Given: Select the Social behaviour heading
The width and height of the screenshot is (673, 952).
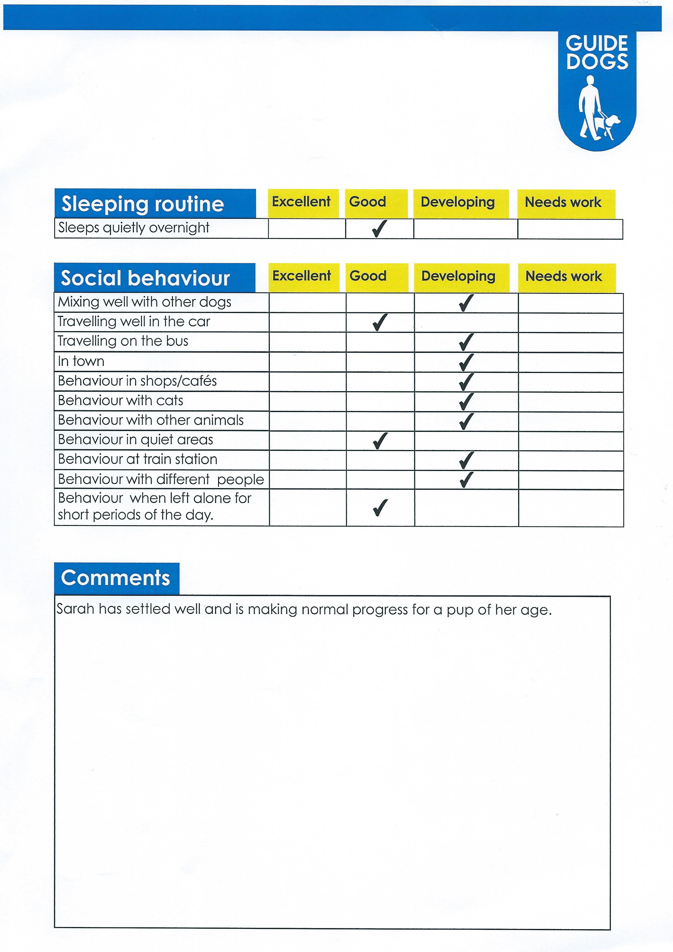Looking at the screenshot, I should pyautogui.click(x=145, y=278).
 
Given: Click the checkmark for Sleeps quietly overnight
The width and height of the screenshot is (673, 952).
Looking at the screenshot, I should pyautogui.click(x=379, y=229).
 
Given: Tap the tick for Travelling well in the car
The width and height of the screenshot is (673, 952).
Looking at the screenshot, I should pyautogui.click(x=380, y=322).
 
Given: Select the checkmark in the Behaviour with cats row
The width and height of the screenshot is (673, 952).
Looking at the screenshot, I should pyautogui.click(x=466, y=401).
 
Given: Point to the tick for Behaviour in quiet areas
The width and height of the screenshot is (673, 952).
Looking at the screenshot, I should pyautogui.click(x=380, y=441).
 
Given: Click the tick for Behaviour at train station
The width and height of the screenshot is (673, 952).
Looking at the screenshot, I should pyautogui.click(x=466, y=460).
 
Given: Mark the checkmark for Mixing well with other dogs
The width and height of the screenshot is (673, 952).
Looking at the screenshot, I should pyautogui.click(x=466, y=303).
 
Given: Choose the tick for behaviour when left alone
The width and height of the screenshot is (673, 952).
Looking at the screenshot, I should pyautogui.click(x=380, y=508).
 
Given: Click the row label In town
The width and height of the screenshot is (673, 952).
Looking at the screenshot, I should pyautogui.click(x=81, y=361).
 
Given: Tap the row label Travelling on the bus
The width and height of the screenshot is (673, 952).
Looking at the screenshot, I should pyautogui.click(x=123, y=341).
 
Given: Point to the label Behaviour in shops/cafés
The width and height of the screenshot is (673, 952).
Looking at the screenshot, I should pyautogui.click(x=137, y=381).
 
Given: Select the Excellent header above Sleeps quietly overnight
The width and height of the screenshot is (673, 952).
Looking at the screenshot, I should pyautogui.click(x=301, y=202).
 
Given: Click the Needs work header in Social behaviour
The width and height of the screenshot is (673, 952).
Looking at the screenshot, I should pyautogui.click(x=564, y=276).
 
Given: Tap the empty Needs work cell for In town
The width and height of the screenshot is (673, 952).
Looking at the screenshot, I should pyautogui.click(x=571, y=362).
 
